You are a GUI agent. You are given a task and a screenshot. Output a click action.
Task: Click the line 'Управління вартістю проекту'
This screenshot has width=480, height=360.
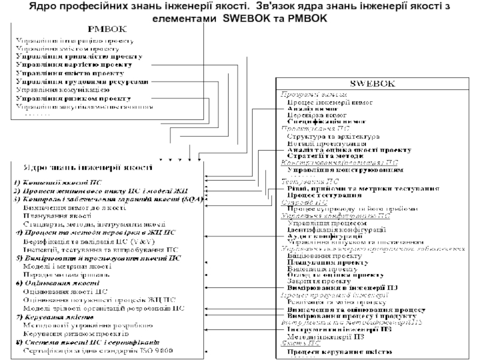[73, 64]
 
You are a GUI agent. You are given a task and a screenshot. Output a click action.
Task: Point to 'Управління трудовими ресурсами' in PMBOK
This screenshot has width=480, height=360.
[81, 82]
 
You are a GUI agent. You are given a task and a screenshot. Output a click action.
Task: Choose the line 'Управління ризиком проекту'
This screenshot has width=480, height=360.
[73, 98]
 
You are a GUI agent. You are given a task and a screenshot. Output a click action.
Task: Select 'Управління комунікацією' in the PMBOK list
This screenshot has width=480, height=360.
[62, 90]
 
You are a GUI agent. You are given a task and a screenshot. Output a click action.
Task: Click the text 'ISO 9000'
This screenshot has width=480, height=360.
[155, 349]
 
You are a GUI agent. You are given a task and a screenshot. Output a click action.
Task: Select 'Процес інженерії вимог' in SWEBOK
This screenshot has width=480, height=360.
[329, 103]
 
